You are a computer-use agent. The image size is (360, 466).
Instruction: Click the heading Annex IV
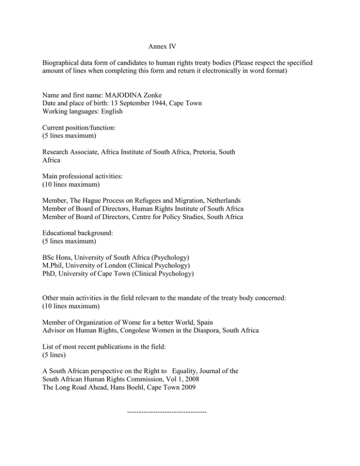161,47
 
